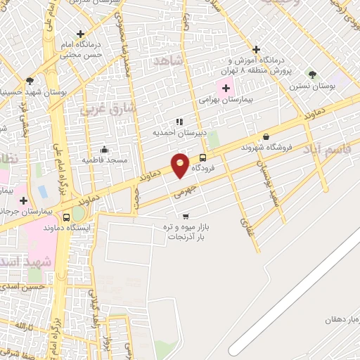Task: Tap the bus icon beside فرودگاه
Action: [203, 158]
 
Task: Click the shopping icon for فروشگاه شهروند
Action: [266, 137]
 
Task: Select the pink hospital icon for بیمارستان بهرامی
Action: [226, 89]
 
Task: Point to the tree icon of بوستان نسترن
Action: [312, 74]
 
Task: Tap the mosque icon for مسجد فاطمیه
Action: [104, 149]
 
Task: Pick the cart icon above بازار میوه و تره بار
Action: [186, 217]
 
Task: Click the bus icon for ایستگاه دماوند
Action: [66, 217]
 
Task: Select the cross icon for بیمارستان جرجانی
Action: [23, 200]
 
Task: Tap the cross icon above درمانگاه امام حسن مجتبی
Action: [81, 33]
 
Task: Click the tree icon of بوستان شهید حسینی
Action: [30, 81]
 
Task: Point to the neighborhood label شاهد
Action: [167, 61]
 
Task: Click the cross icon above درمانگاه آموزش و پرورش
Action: [257, 49]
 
